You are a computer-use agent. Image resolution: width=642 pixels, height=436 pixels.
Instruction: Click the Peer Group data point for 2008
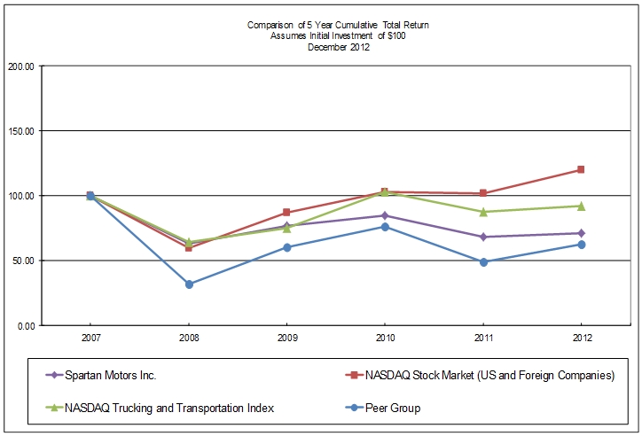click(189, 284)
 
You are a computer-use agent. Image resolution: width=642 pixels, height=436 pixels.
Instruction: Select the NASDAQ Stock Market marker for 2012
click(581, 169)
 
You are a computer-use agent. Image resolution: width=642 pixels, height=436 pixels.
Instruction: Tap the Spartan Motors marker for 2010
click(385, 215)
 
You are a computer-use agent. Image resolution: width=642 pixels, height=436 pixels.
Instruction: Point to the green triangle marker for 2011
click(483, 212)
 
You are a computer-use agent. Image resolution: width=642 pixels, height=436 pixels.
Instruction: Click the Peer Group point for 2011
click(483, 262)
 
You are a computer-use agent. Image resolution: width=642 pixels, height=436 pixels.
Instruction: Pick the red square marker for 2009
click(286, 213)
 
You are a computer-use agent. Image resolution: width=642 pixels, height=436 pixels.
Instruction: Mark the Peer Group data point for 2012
click(581, 245)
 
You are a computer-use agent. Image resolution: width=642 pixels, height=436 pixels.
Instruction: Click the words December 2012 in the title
click(338, 48)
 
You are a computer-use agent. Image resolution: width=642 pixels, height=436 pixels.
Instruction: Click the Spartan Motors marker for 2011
click(483, 237)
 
